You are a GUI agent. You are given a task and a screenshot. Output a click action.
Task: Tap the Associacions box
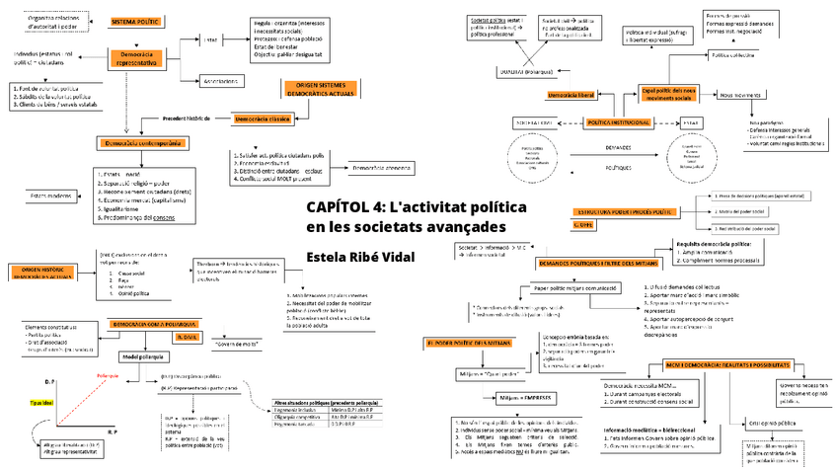point(225,80)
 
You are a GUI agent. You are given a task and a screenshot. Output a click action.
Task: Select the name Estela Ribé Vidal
point(360,257)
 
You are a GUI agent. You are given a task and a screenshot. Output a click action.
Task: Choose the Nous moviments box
point(740,95)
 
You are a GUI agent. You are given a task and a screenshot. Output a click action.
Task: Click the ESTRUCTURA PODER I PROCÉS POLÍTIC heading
point(623,211)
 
